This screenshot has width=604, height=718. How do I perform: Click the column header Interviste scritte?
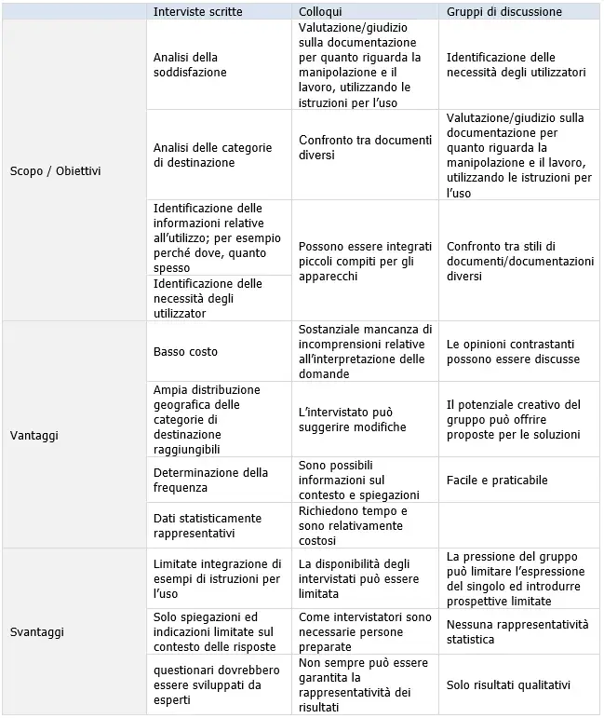click(198, 11)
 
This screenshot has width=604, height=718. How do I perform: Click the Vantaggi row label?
click(34, 435)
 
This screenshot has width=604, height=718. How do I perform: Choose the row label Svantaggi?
click(37, 631)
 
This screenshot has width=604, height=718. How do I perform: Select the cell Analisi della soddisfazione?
click(190, 64)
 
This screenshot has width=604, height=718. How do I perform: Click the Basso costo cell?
click(185, 352)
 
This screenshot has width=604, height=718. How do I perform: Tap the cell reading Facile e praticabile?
click(497, 481)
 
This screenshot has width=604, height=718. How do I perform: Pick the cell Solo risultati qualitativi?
click(509, 685)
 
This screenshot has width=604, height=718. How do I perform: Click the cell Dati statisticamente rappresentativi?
click(208, 525)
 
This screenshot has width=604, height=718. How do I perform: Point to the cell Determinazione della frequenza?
click(210, 480)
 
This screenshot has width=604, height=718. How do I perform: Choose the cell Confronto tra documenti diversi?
click(365, 147)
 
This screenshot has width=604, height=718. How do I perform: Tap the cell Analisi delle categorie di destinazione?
click(212, 155)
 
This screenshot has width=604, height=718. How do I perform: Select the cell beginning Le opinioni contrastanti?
click(513, 351)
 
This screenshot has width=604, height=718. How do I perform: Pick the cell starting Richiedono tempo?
click(353, 525)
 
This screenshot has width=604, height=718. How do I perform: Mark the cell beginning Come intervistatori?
click(365, 631)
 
